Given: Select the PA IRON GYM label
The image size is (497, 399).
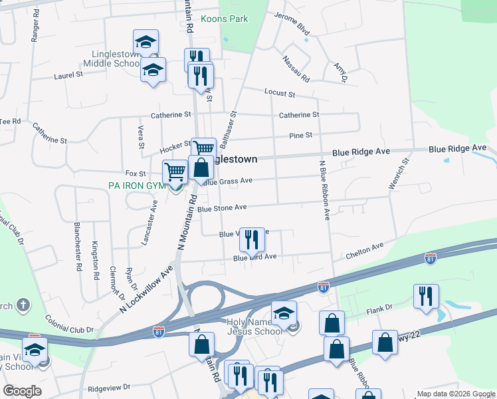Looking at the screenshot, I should click(x=137, y=186).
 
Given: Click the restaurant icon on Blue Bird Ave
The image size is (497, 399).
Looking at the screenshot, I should click(x=251, y=239).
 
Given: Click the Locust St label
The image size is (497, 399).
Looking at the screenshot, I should click(x=279, y=92).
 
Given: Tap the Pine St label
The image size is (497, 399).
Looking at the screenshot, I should click(x=300, y=136).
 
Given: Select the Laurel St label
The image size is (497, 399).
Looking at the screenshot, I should click(x=68, y=76).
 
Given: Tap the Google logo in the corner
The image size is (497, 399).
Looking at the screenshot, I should click(x=22, y=391).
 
